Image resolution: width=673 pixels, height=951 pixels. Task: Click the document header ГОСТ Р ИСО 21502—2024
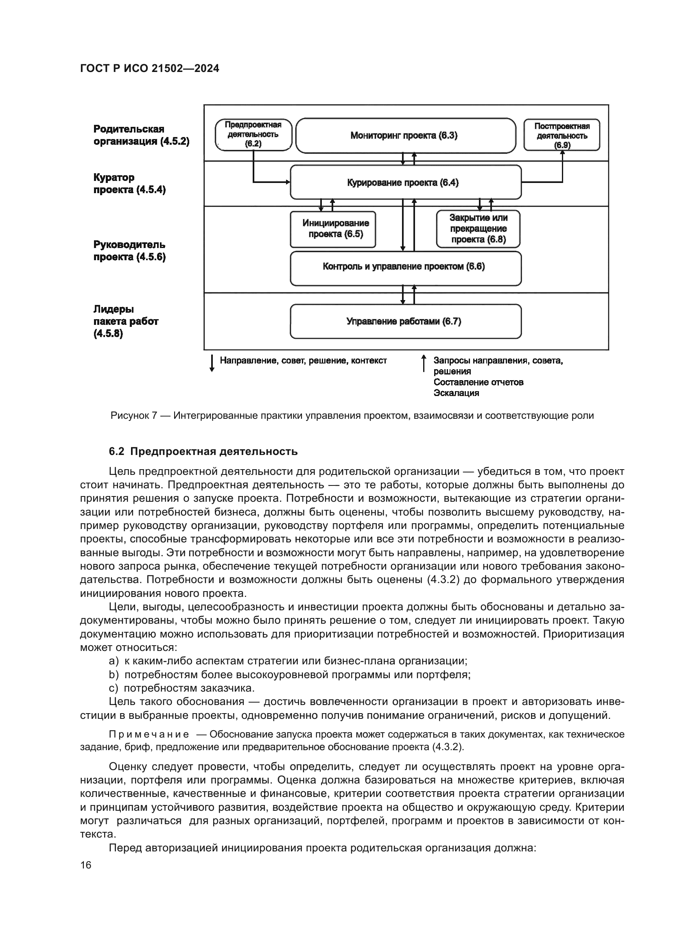(149, 68)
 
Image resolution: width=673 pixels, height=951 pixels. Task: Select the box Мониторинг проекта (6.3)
(406, 136)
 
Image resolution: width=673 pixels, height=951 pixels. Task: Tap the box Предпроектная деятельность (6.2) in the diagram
(253, 135)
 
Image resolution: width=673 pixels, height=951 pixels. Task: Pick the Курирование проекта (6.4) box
(406, 183)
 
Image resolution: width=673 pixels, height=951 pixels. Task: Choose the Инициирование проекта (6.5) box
(333, 229)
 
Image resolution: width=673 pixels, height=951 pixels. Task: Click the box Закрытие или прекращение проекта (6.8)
(478, 229)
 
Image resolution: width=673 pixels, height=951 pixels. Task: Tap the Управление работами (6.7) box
(406, 322)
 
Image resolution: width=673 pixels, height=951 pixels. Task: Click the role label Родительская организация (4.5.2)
(141, 135)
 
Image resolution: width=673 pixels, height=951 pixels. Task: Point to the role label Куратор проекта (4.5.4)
(129, 183)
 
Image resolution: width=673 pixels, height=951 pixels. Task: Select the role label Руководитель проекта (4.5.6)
(129, 250)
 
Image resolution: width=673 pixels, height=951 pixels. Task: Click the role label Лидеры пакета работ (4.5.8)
(126, 321)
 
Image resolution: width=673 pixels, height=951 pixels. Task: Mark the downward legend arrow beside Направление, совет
(212, 363)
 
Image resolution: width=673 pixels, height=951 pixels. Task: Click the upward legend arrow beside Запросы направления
(424, 363)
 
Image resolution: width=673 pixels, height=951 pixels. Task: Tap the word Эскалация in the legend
(456, 393)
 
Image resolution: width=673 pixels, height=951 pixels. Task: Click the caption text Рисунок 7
(133, 416)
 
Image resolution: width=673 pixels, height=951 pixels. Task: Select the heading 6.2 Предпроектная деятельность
(203, 451)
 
